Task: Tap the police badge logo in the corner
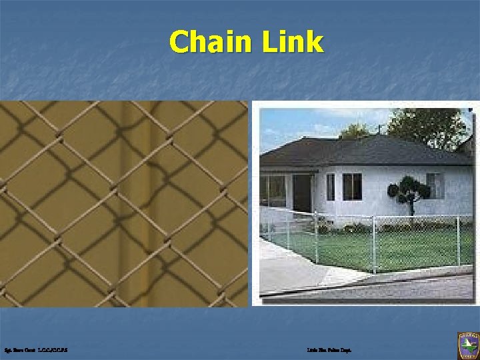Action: click(x=467, y=346)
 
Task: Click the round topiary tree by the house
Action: click(x=408, y=190)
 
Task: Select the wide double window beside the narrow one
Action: click(x=352, y=187)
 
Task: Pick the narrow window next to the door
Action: click(x=331, y=187)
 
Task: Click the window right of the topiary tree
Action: click(x=435, y=185)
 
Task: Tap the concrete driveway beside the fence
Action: click(x=293, y=267)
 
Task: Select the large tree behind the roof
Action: click(x=427, y=127)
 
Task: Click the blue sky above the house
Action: click(x=300, y=123)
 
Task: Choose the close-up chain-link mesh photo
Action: click(x=123, y=203)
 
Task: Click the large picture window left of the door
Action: click(x=273, y=190)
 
